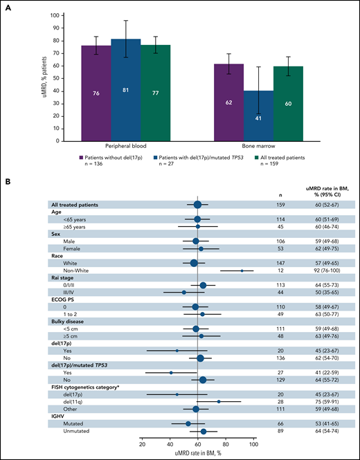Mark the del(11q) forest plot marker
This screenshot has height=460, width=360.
pos(219,381)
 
